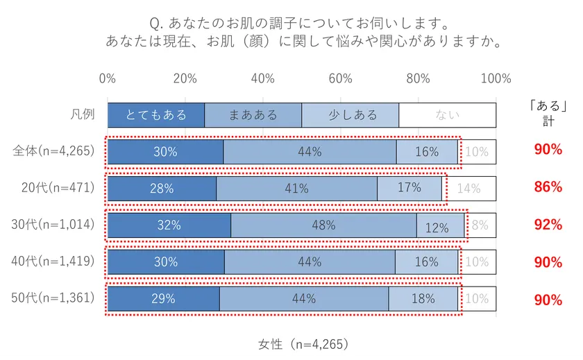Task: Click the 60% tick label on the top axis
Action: pos(340,78)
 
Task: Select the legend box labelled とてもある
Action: pos(156,115)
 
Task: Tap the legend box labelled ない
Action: pos(447,115)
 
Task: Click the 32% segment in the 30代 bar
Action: pos(169,225)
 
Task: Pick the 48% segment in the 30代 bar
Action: pos(323,225)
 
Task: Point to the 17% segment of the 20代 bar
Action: pos(409,188)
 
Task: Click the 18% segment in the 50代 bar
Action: pos(423,299)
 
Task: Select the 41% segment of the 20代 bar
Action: pos(296,188)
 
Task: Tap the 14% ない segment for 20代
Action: pos(469,188)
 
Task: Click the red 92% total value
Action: pos(548,225)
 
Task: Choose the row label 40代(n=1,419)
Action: pos(53,262)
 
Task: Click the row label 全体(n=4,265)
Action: pos(53,151)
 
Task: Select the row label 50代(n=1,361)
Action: pos(53,299)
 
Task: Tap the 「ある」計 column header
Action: pos(548,113)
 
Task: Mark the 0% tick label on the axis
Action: pos(108,78)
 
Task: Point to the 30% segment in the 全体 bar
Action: pos(165,151)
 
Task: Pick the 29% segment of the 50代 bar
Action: pos(163,299)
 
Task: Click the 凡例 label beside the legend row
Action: pos(83,115)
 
